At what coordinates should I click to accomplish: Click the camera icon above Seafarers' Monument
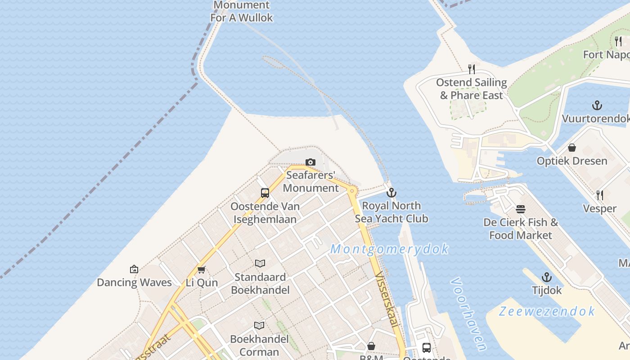(x=310, y=162)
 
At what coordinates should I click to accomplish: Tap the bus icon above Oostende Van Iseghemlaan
(x=265, y=193)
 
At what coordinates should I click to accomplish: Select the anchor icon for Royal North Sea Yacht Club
(x=391, y=193)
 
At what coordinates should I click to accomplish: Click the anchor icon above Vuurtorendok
(x=597, y=106)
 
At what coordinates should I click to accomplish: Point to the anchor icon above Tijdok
(x=547, y=277)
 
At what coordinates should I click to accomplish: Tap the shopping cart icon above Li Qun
(x=202, y=270)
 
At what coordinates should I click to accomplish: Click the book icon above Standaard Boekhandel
(x=260, y=264)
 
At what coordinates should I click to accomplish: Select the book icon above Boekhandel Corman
(x=259, y=325)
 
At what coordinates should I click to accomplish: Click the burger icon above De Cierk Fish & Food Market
(x=521, y=209)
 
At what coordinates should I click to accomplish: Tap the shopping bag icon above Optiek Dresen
(x=572, y=148)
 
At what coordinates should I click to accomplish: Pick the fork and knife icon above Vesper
(x=600, y=195)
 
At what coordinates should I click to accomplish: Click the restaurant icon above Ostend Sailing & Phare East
(x=472, y=69)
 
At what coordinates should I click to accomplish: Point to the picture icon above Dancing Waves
(x=134, y=269)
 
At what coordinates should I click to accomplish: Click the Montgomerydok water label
(x=390, y=249)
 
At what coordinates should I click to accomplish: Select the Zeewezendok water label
(x=547, y=311)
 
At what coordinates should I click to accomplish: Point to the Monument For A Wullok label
(x=242, y=12)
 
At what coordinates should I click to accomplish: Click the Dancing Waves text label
(x=134, y=283)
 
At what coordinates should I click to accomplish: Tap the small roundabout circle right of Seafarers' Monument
(x=352, y=191)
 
